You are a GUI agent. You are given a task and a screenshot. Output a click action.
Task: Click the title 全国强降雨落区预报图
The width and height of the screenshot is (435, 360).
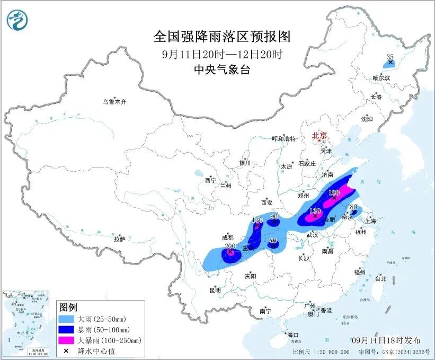[x=222, y=37]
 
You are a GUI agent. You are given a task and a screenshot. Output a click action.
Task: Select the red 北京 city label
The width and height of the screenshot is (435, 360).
[x=319, y=135]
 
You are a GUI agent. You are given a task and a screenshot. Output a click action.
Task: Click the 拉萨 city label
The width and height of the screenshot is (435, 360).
[x=119, y=239]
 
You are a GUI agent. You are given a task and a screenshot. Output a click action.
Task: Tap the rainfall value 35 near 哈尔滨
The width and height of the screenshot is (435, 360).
[x=390, y=57]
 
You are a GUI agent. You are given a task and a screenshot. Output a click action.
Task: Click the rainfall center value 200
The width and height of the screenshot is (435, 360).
[x=229, y=247]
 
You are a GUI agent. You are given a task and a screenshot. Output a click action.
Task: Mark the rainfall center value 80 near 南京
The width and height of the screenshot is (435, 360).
[x=354, y=207]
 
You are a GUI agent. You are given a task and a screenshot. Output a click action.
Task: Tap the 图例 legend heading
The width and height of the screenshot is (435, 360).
[x=68, y=308]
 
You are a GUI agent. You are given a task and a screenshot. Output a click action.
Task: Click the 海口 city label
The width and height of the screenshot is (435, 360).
[x=292, y=335]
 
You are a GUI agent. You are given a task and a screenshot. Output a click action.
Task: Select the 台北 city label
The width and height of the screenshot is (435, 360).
[x=380, y=278]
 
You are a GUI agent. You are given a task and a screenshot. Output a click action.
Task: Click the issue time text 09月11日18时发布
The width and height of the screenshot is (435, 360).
[x=386, y=340]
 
